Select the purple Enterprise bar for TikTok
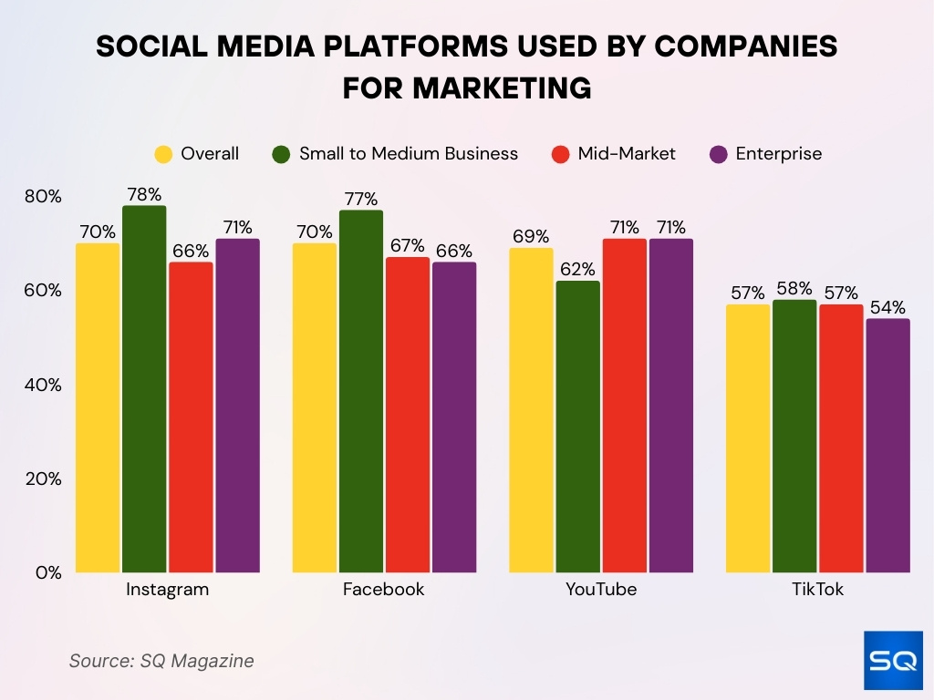887,446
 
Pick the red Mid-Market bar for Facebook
407,415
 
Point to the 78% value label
144,194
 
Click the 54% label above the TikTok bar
887,307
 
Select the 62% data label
577,270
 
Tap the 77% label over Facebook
360,199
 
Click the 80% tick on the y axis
42,197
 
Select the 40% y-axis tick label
42,386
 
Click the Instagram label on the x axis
167,590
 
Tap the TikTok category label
817,590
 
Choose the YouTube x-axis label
600,590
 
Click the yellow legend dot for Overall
164,154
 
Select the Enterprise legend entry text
778,154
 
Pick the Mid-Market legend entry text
627,154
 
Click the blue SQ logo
893,661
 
